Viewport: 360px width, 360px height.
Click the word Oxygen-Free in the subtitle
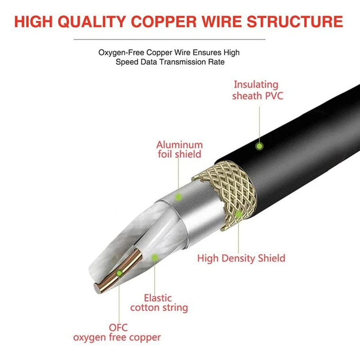point(120,53)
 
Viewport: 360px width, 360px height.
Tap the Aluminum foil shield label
point(179,149)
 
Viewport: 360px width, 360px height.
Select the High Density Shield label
point(241,258)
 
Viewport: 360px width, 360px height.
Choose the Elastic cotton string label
point(158,303)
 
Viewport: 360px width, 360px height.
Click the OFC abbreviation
point(118,327)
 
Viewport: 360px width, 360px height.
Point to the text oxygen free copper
point(117,337)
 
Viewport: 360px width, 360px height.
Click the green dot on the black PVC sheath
point(259,146)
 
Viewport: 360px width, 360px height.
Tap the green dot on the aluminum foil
point(178,197)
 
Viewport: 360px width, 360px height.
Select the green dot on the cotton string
point(154,258)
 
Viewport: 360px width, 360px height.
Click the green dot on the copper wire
point(119,272)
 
